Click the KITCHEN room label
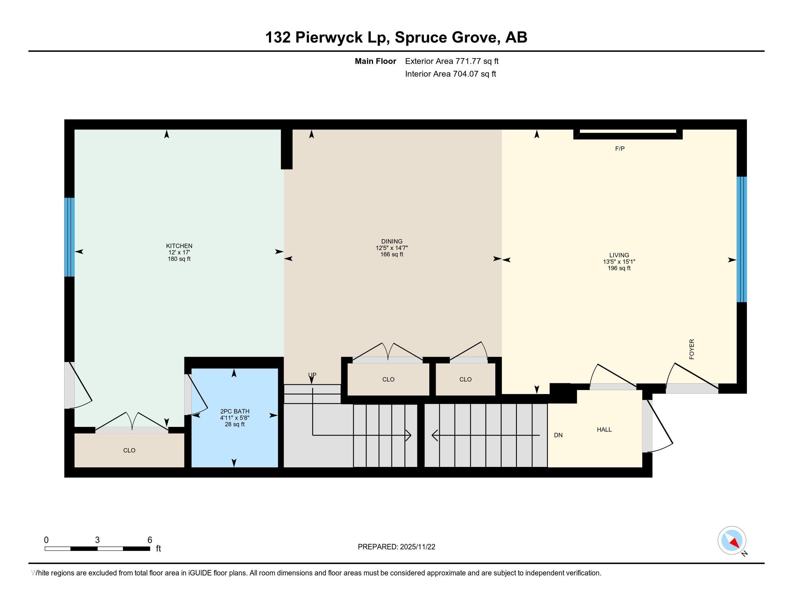coord(179,246)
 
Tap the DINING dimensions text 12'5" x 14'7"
coord(392,248)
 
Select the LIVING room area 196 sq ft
coord(619,268)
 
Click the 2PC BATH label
coord(235,411)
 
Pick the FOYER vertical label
coord(692,349)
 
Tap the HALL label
coord(604,429)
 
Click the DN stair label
coord(558,435)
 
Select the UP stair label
coord(312,375)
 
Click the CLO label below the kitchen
coord(129,450)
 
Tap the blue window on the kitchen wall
coord(69,237)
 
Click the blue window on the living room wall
coord(741,239)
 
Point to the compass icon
coord(732,541)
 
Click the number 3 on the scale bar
coord(97,540)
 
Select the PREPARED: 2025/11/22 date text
coord(396,547)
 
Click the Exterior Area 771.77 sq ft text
coord(452,61)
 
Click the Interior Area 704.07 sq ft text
coord(450,74)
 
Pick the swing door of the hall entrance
coord(659,425)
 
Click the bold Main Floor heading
coord(375,61)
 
